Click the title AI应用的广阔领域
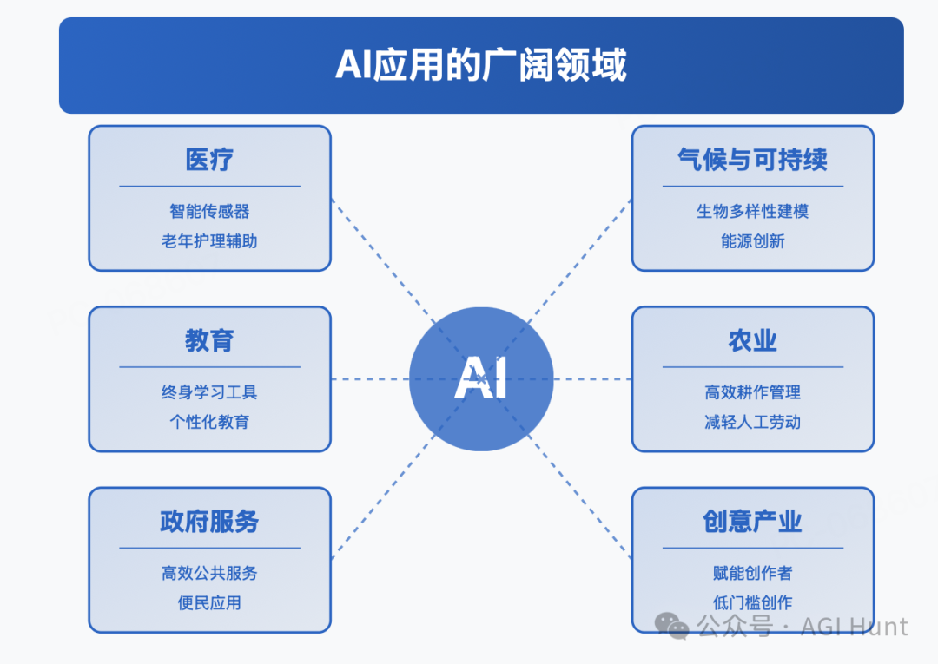tap(481, 64)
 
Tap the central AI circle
tap(481, 379)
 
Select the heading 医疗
tap(209, 160)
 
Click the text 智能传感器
tap(209, 211)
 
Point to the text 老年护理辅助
tap(209, 240)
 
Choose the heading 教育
tap(209, 340)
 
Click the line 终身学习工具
tap(209, 392)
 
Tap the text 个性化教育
tap(209, 422)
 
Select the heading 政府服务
tap(209, 521)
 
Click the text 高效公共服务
tap(209, 573)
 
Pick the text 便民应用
tap(209, 603)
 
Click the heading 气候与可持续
tap(752, 160)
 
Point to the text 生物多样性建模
tap(752, 211)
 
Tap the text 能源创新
tap(752, 240)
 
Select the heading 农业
tap(752, 340)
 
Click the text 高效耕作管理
tap(752, 392)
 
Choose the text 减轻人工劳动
tap(752, 422)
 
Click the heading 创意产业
tap(752, 521)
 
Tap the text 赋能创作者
tap(752, 573)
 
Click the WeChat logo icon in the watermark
tap(671, 627)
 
